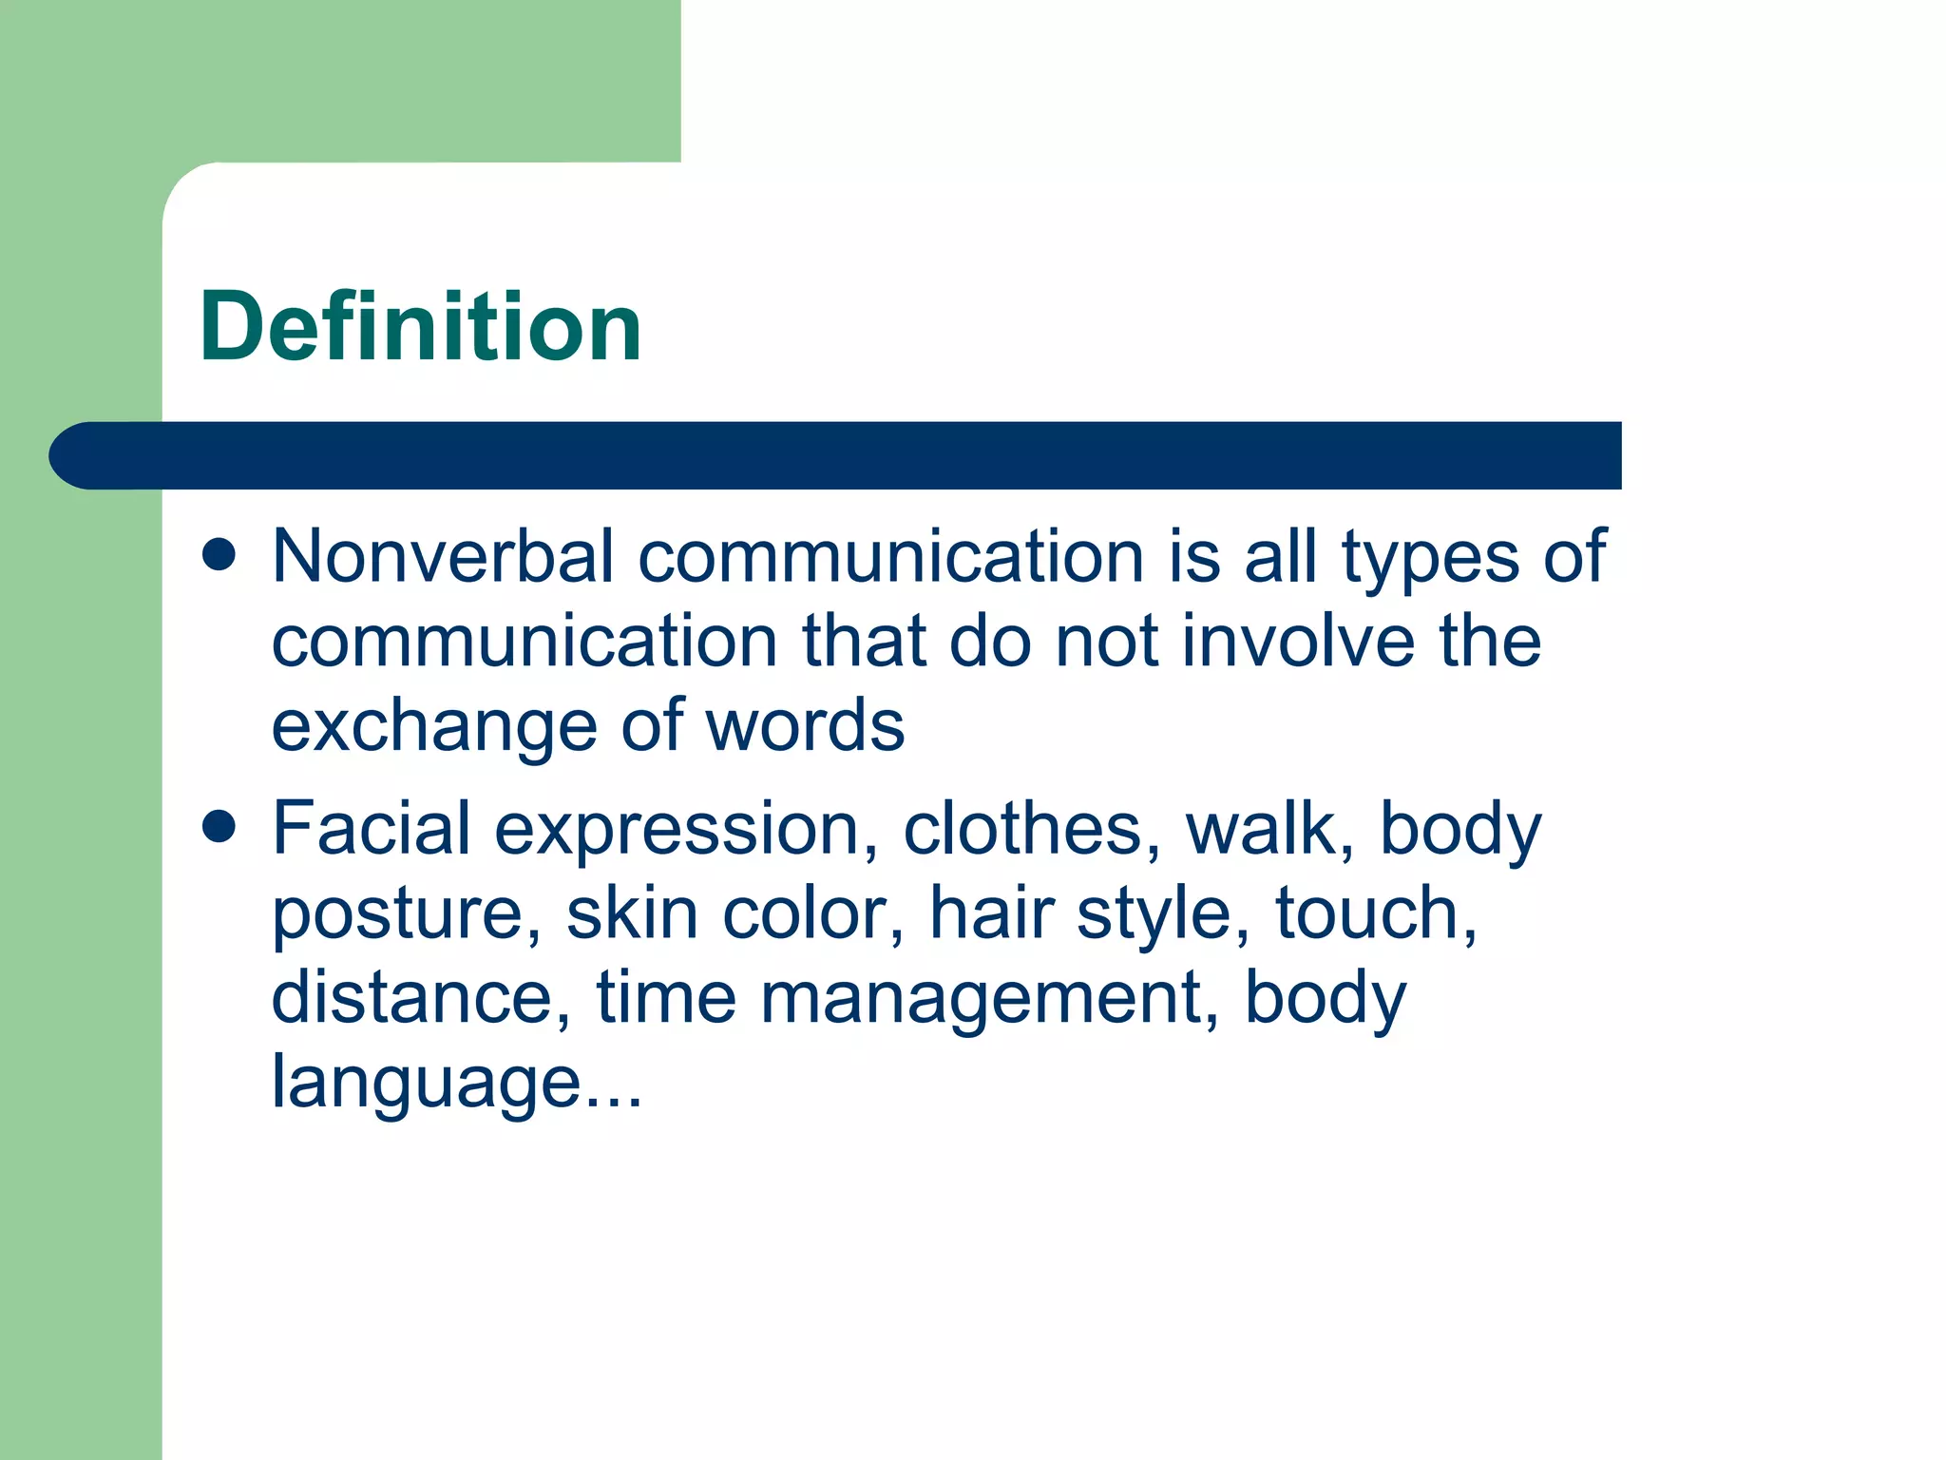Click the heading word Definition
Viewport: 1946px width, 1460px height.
[x=421, y=327]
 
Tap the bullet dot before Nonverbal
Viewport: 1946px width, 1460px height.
[x=219, y=555]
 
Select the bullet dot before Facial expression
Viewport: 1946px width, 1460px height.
[x=219, y=827]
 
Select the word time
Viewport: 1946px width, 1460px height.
[x=666, y=998]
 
